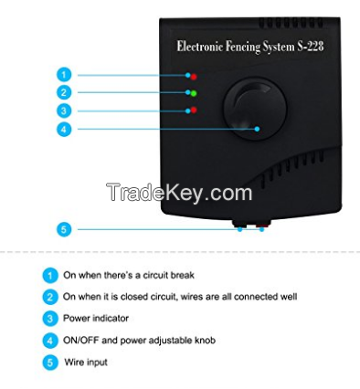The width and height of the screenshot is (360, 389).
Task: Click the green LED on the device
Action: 194,93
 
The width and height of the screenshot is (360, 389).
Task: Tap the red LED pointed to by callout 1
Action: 194,77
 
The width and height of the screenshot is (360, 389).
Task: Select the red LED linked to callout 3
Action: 194,110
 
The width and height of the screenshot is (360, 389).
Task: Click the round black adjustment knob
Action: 255,109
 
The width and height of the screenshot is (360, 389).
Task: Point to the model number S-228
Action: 310,47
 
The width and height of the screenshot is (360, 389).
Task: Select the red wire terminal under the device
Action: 263,224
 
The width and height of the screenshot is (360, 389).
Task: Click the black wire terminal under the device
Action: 240,224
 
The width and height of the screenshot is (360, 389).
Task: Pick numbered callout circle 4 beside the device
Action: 64,130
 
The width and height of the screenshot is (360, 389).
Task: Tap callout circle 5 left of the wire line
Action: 64,229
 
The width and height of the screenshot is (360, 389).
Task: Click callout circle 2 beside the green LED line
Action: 64,92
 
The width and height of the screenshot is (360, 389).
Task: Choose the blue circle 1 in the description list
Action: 50,276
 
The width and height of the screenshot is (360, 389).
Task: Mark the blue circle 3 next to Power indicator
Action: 50,319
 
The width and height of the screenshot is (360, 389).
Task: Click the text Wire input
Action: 86,363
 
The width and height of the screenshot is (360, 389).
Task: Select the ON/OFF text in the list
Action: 81,340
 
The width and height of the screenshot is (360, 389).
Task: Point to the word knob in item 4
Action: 205,340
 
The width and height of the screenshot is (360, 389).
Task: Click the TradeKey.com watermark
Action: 179,193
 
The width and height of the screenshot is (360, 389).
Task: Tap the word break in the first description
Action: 182,275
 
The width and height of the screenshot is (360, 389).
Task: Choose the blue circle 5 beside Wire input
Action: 50,363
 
